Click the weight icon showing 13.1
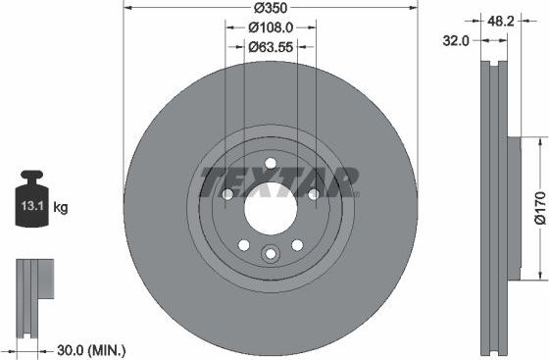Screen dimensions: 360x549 32,204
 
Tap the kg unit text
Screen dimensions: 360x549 60,207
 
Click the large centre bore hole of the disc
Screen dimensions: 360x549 270,208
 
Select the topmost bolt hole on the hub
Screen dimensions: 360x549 270,164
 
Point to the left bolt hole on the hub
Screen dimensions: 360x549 227,194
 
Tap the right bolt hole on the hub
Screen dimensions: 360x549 313,194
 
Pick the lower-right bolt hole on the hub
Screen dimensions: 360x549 296,244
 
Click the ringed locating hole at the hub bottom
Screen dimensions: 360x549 270,254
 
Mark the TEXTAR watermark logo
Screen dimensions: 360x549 278,181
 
